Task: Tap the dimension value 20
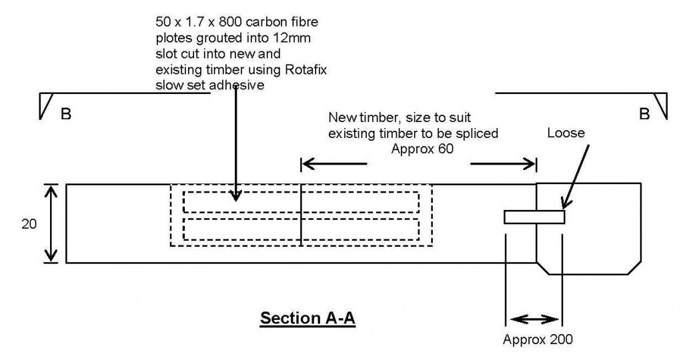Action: click(29, 224)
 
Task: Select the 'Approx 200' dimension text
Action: click(538, 338)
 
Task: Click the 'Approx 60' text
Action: click(421, 149)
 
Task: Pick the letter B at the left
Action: click(66, 115)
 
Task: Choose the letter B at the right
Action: click(644, 115)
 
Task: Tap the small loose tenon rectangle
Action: click(534, 217)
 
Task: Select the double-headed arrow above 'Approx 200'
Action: click(534, 319)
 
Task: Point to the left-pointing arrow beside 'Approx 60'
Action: click(333, 163)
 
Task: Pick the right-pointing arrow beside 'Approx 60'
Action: click(504, 163)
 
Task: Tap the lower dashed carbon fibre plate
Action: click(301, 229)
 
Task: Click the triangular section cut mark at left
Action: click(45, 105)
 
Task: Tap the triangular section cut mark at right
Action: click(661, 105)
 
